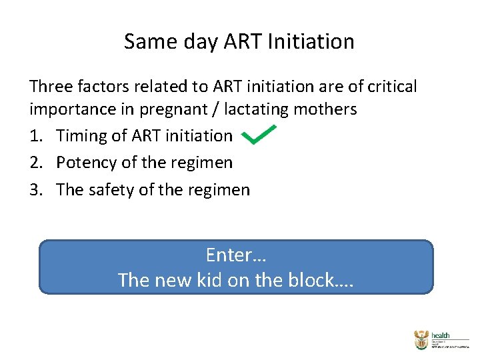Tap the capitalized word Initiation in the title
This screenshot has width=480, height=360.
click(x=311, y=42)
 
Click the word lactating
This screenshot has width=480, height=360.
click(x=256, y=109)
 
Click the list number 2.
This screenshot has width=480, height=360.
click(x=36, y=163)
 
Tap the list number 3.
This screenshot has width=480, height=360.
click(x=36, y=190)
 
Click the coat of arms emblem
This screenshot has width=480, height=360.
click(x=421, y=340)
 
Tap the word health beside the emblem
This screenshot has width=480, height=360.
click(x=441, y=335)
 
